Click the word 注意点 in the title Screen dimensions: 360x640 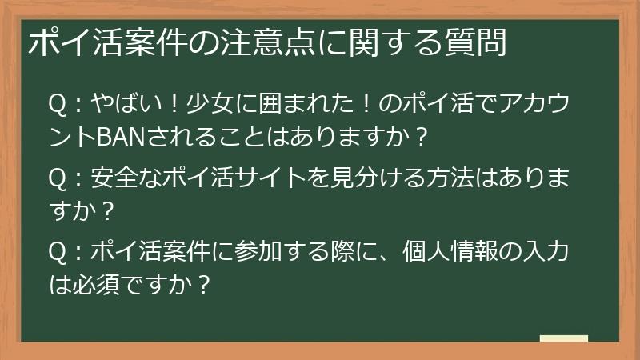267,42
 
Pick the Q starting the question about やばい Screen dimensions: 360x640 58,106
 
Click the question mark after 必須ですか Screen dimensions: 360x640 203,284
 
